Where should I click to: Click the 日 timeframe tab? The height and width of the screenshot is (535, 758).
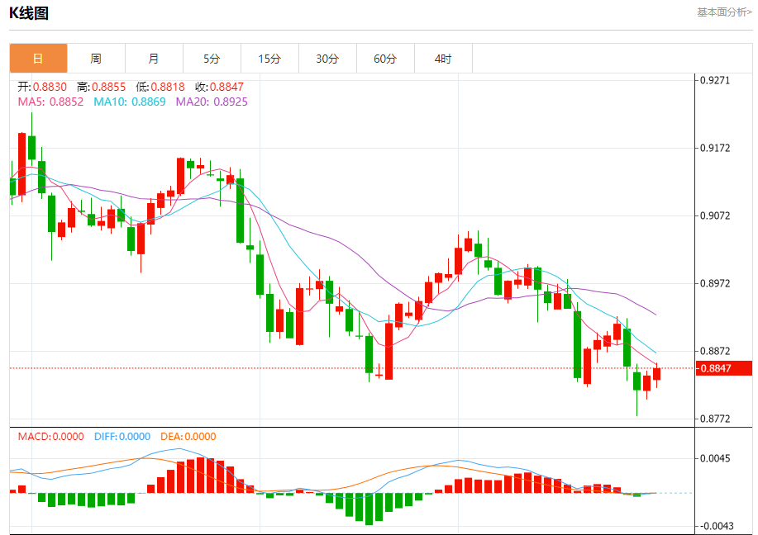38,59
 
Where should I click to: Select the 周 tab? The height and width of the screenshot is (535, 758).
96,59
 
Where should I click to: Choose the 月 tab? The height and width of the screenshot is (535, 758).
154,59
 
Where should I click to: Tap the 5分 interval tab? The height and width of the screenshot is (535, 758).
212,59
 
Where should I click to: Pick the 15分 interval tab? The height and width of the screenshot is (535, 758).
269,59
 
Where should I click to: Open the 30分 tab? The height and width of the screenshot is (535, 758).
327,59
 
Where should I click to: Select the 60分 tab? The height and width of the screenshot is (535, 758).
385,59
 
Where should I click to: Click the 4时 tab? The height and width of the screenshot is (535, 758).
443,59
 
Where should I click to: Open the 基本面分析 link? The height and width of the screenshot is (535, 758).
724,12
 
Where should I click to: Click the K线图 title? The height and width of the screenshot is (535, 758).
29,12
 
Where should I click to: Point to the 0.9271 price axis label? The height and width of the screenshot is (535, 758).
715,81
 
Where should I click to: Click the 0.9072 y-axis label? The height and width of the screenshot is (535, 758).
715,216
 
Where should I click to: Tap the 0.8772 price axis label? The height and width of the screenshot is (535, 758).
715,419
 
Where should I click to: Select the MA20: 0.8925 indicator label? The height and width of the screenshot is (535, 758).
212,102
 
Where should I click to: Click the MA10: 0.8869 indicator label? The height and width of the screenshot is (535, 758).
130,102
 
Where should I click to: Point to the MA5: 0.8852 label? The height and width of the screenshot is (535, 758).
50,102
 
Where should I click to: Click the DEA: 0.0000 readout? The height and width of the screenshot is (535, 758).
188,437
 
